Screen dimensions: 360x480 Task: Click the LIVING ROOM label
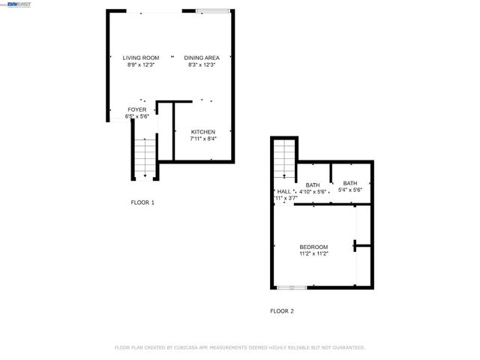click(141, 58)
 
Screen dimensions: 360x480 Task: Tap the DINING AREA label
click(201, 58)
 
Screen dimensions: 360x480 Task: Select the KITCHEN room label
click(202, 132)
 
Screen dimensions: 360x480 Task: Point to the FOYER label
click(136, 109)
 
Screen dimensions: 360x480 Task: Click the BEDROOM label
click(313, 247)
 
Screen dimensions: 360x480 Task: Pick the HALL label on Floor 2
click(283, 191)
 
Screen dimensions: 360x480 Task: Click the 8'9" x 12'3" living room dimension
click(141, 64)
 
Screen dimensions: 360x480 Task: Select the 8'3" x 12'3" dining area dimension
click(201, 64)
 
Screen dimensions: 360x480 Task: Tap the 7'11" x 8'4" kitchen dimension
click(202, 139)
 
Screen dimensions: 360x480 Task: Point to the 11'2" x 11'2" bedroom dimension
click(313, 253)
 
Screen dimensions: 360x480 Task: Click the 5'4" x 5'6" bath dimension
click(350, 190)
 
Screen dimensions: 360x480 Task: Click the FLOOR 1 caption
click(142, 202)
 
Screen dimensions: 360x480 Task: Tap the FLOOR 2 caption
click(282, 310)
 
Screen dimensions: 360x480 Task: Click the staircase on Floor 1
click(145, 157)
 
